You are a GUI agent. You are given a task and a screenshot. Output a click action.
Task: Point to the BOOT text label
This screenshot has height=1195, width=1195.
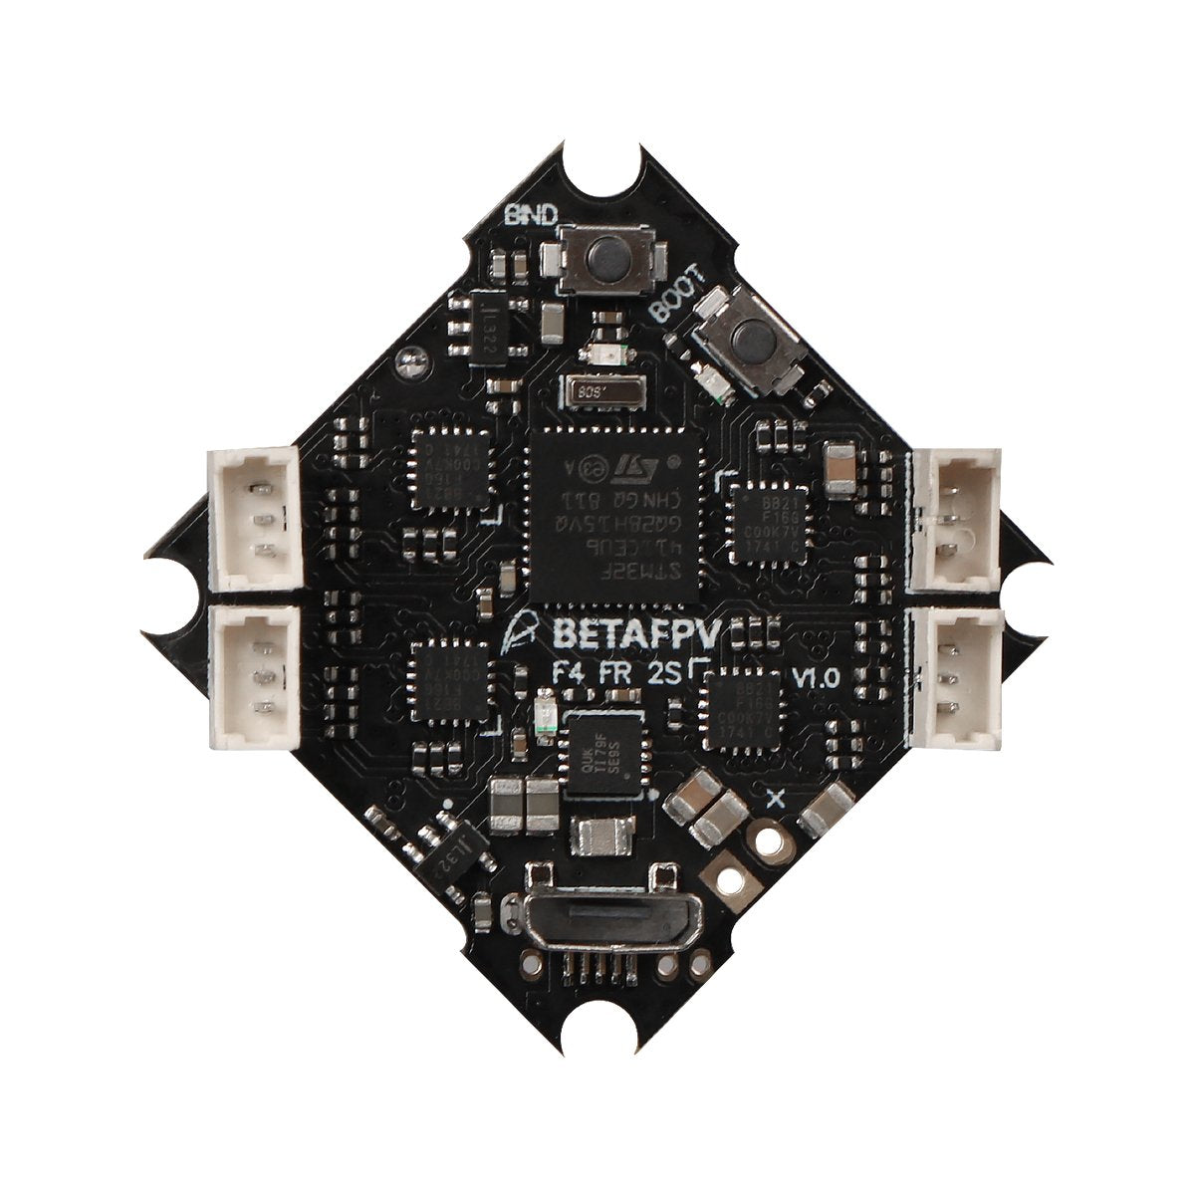coord(676,294)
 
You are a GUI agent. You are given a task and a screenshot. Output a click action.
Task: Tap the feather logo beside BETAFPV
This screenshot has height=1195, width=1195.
coord(515,631)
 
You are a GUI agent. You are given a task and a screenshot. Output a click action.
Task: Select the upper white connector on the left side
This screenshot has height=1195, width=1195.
coord(255,519)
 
